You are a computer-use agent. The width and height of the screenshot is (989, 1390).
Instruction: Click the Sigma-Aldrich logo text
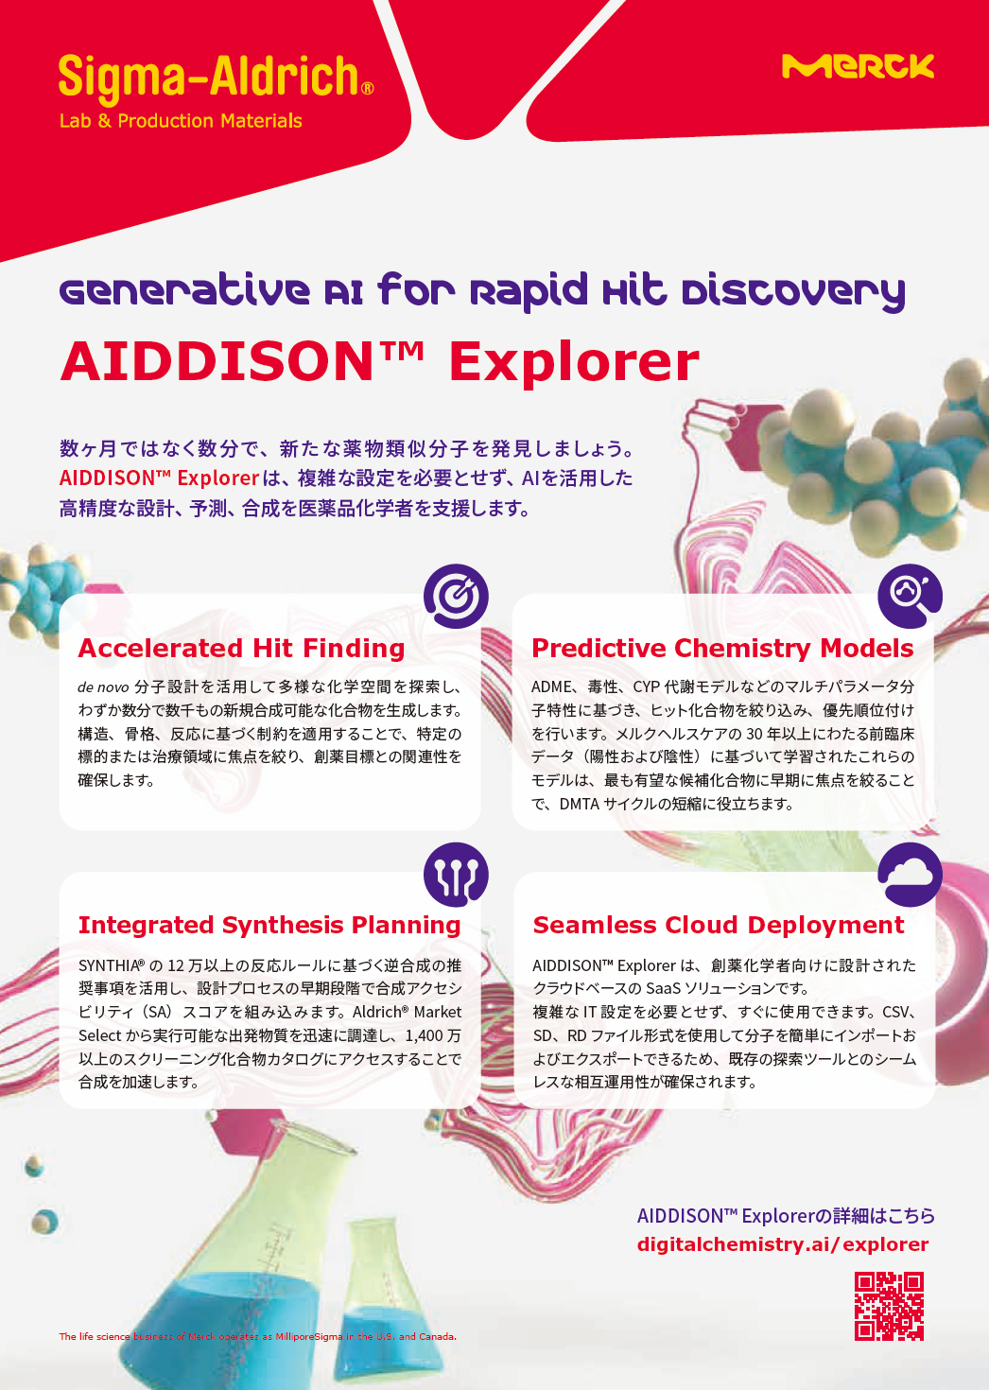[x=208, y=78]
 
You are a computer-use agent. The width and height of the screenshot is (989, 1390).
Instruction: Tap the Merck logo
[x=858, y=66]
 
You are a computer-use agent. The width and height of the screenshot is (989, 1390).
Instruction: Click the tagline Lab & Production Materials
[x=181, y=121]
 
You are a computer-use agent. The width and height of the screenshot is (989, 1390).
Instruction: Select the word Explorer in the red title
[x=574, y=363]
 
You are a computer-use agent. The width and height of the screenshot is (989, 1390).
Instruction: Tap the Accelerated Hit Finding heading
[x=241, y=649]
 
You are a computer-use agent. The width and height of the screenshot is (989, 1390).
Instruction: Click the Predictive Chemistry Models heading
[x=722, y=649]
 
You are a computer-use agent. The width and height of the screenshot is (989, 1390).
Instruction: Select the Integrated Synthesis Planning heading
[x=269, y=925]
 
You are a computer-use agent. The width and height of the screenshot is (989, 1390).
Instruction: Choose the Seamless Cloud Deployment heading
[x=719, y=925]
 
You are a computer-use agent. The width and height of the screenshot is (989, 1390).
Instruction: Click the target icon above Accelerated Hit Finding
[x=456, y=596]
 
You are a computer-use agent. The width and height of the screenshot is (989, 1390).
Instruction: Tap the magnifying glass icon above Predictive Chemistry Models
[x=910, y=596]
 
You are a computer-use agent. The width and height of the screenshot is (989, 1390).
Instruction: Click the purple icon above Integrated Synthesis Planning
[x=456, y=875]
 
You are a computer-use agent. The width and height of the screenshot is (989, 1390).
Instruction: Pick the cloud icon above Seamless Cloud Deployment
[x=910, y=875]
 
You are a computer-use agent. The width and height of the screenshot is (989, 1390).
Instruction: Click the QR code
[x=889, y=1306]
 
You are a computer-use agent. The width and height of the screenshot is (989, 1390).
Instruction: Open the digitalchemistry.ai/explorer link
[x=783, y=1244]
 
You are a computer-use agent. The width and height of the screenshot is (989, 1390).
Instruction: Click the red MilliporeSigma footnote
[x=257, y=1337]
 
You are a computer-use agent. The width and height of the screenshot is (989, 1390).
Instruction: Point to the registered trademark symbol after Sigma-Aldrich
[x=368, y=89]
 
